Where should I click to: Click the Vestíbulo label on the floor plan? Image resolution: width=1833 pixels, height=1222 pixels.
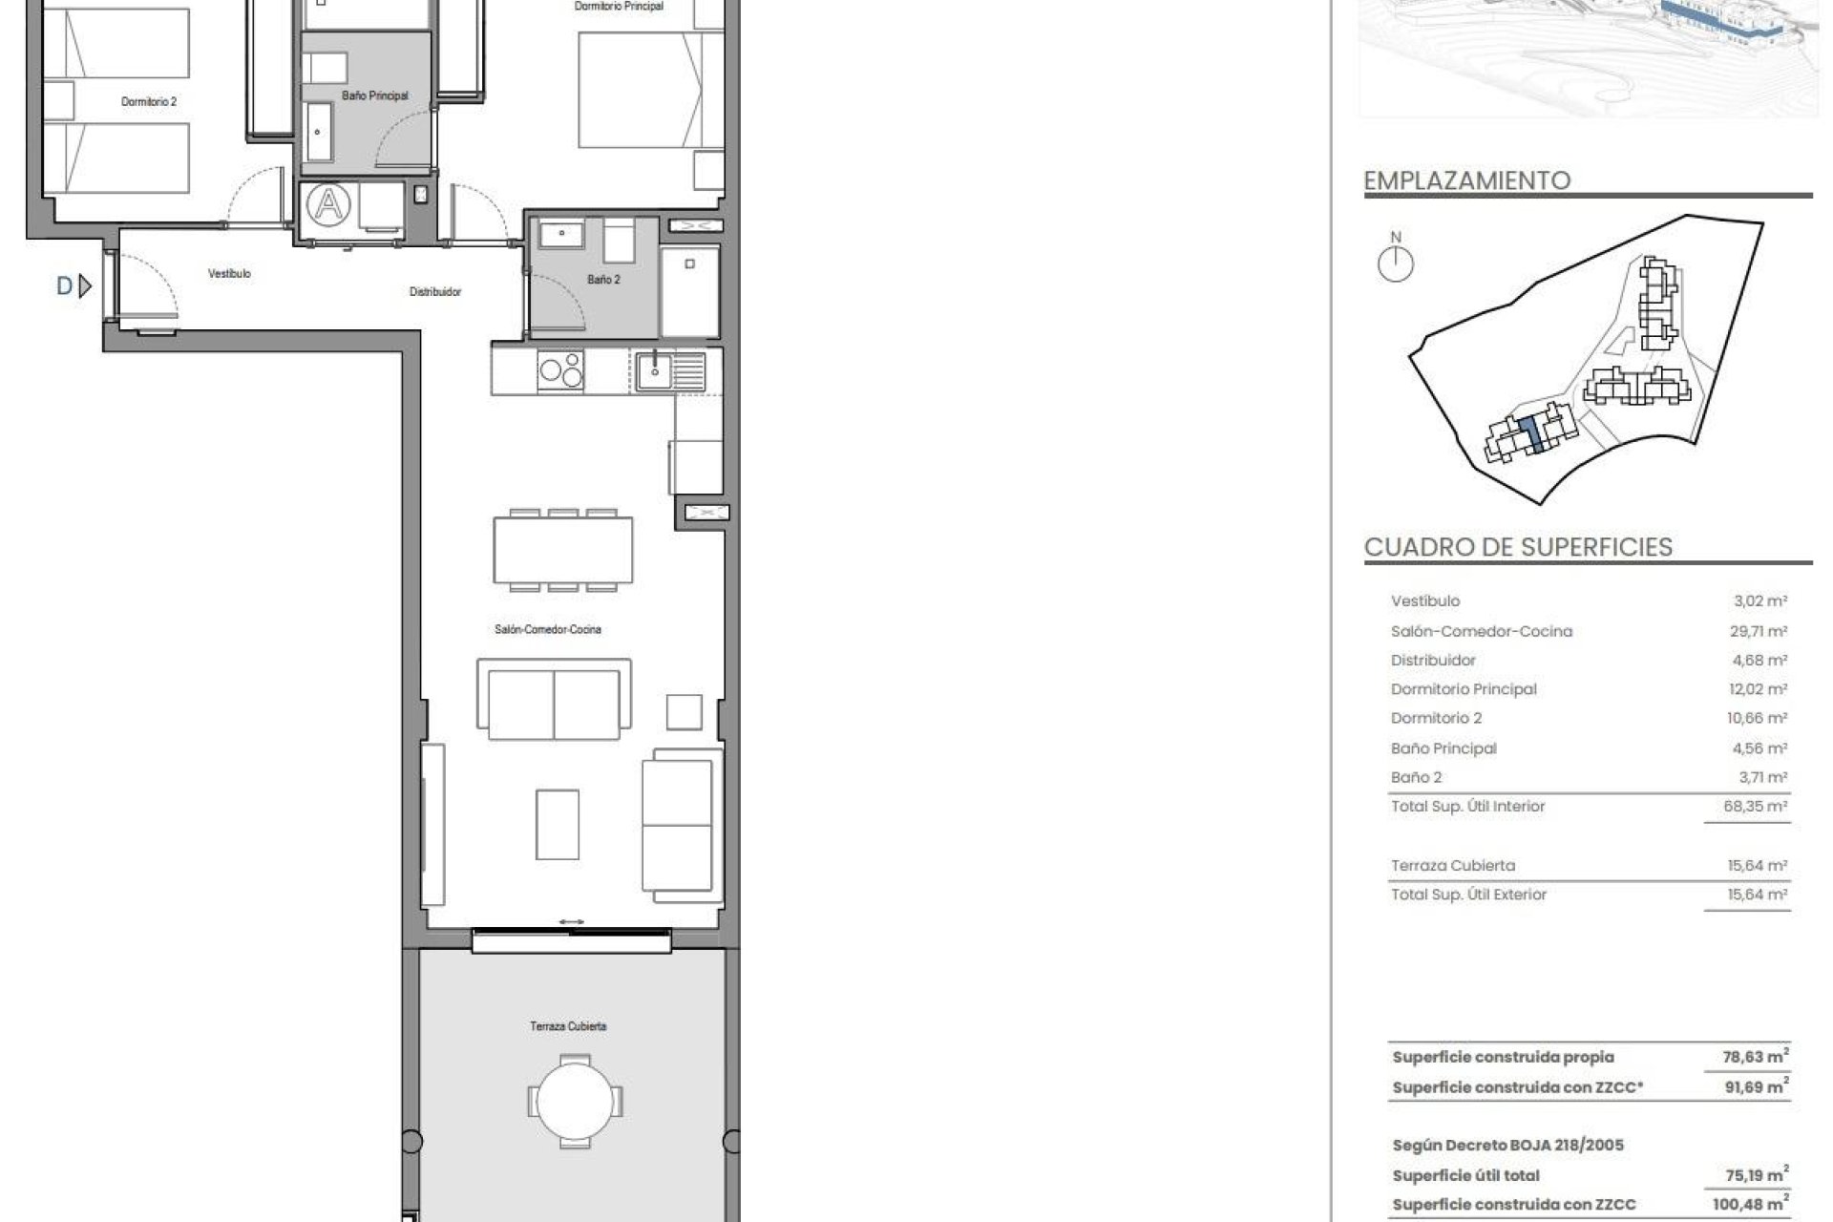229,274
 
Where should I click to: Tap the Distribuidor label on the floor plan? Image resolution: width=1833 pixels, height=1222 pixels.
435,292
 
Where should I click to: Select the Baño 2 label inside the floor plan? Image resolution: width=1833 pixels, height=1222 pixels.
603,280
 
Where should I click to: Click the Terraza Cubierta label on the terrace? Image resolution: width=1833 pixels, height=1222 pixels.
568,1026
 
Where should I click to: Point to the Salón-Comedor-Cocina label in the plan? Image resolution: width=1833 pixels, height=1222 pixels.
548,630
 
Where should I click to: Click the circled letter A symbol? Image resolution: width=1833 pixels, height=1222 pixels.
328,204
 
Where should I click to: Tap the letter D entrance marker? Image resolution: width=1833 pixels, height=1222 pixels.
65,285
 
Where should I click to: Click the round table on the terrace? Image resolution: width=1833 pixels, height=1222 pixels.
575,1102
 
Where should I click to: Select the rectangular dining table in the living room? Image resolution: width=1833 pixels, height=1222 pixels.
563,551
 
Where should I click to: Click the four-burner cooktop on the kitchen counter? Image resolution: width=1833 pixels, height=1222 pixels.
561,370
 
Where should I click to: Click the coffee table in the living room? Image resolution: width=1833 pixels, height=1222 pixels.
558,824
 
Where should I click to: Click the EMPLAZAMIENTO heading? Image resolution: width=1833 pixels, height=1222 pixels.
1466,180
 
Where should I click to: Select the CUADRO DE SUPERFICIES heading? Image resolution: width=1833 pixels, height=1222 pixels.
1518,547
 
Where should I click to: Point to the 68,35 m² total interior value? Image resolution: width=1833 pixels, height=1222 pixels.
1755,807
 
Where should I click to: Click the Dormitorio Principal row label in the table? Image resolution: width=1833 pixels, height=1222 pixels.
1464,689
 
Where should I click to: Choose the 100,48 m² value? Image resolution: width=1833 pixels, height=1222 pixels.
1751,1204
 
